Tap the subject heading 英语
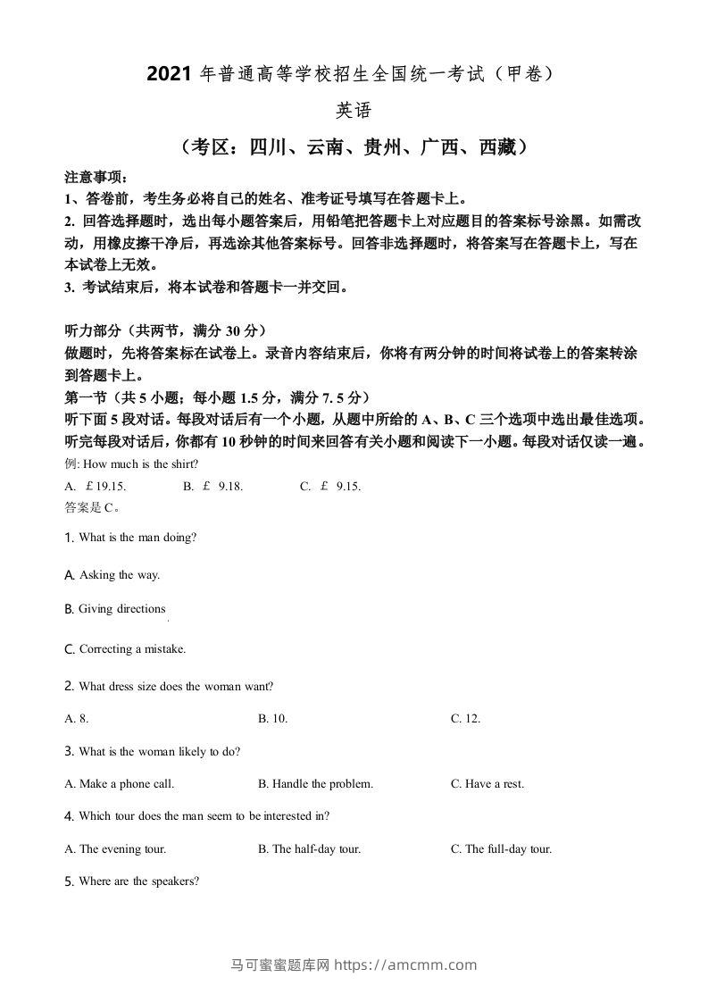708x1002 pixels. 353,111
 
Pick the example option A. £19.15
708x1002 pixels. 96,487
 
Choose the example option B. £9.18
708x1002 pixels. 213,487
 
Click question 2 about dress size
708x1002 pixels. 176,687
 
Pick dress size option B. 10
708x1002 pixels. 272,718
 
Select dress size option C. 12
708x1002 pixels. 465,718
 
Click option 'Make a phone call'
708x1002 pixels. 120,784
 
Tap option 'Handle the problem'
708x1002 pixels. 315,784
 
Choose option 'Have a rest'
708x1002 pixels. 487,784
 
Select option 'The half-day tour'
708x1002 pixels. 309,849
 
